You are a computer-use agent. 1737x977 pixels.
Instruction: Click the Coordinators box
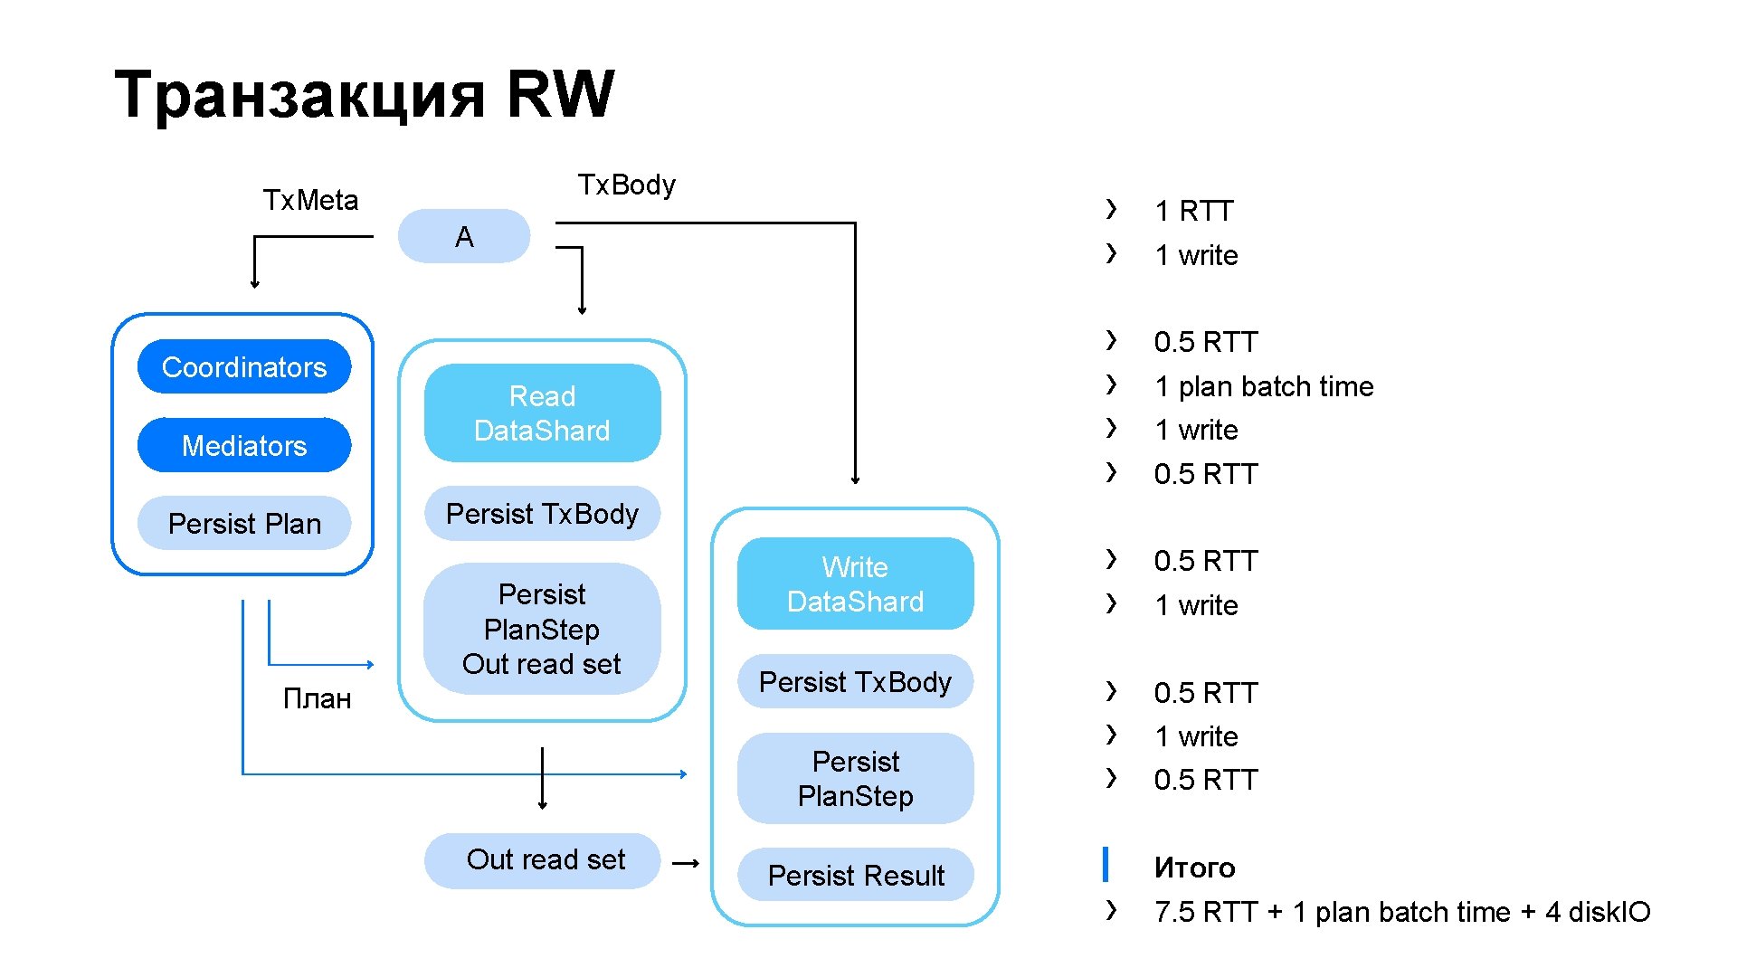(244, 366)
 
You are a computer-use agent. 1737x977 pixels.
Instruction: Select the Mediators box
(244, 445)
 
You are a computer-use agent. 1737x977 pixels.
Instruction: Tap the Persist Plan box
(244, 523)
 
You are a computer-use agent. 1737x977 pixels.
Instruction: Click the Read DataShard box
(542, 413)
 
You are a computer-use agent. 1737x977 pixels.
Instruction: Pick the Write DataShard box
(855, 583)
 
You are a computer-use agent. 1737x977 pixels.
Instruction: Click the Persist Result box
(855, 875)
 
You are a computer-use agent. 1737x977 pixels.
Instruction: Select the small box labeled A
(464, 236)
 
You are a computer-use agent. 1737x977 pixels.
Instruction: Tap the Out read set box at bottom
(542, 860)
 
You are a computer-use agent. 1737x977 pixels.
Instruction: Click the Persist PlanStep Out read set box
(542, 629)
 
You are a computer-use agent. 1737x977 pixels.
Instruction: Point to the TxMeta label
(310, 200)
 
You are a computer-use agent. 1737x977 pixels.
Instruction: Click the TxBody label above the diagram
(627, 185)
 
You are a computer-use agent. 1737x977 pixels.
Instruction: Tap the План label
(317, 698)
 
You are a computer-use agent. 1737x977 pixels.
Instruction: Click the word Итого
(1195, 868)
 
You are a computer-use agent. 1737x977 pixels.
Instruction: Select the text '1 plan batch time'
(1265, 386)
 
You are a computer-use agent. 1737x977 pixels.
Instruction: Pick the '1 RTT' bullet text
(1194, 211)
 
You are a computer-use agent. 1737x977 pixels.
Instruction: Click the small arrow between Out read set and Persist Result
(686, 863)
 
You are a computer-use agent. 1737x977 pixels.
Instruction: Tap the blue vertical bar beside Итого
(1106, 864)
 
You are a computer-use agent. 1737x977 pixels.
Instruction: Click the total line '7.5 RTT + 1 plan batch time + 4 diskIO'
(1402, 912)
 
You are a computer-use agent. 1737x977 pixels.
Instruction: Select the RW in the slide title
(561, 93)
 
